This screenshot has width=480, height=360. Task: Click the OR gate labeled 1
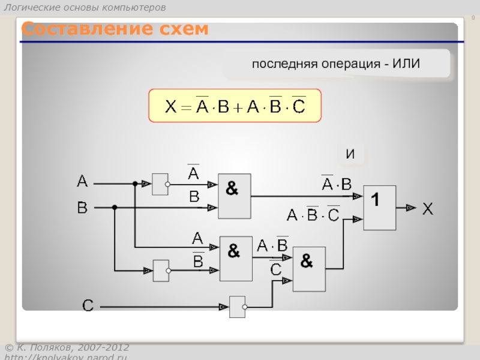(x=380, y=208)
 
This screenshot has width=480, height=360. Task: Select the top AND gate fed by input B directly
(x=234, y=196)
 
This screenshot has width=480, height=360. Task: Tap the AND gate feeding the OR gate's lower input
(x=309, y=269)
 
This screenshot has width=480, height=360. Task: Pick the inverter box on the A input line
(x=161, y=184)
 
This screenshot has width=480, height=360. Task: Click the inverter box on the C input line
(x=238, y=307)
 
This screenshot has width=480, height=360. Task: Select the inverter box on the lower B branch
(x=161, y=271)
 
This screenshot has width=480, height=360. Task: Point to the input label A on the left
(x=82, y=181)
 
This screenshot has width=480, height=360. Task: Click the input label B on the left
(x=82, y=208)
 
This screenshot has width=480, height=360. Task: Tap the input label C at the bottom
(x=88, y=306)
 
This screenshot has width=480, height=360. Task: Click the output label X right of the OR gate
(x=427, y=209)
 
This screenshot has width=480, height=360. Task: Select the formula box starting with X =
(x=235, y=106)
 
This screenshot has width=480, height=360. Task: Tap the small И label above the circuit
(x=350, y=154)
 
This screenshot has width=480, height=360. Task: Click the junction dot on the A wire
(x=135, y=184)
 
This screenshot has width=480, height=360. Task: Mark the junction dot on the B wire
(x=115, y=208)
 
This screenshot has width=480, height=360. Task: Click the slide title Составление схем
(x=115, y=29)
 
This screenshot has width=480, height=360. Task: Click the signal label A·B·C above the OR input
(x=313, y=214)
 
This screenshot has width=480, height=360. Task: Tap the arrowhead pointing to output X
(x=410, y=208)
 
